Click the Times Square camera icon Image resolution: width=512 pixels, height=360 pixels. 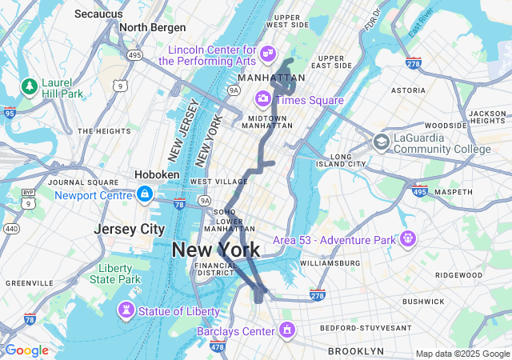pos(262,99)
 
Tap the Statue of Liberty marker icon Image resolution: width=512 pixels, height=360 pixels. pos(126,310)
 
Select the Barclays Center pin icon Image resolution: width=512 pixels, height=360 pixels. pos(286,330)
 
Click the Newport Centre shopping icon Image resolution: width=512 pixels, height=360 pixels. pos(144,194)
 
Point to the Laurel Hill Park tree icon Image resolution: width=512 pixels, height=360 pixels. pos(30,85)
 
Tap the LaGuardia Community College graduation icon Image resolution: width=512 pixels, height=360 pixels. pos(381,142)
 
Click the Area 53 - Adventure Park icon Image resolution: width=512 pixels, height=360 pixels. pos(408,238)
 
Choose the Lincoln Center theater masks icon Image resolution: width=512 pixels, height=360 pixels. pos(268,54)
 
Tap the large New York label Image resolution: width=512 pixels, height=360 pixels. pos(216,250)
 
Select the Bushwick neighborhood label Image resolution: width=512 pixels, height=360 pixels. pos(422,301)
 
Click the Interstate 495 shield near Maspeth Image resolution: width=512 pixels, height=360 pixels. pos(419,191)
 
